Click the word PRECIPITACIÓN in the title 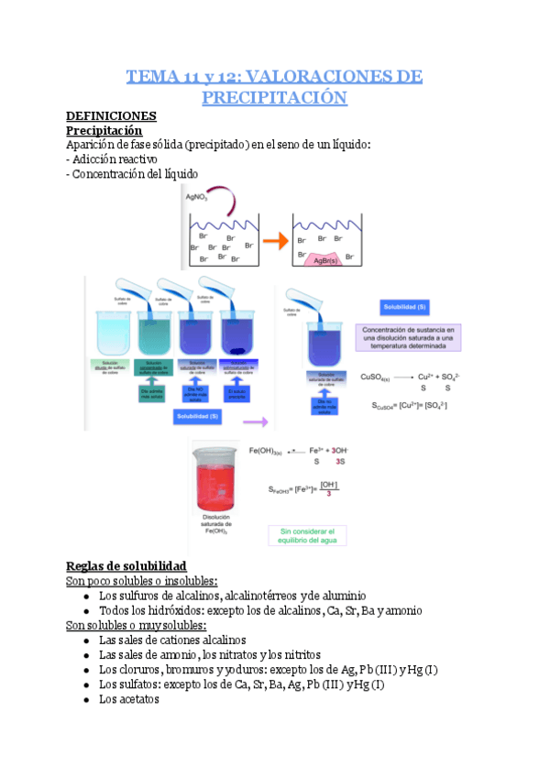274,96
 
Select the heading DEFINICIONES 112,116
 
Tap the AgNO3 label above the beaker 198,197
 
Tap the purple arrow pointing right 256,422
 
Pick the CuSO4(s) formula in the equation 377,377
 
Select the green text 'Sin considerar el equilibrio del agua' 307,536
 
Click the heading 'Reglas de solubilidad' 127,565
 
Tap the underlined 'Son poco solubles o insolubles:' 142,582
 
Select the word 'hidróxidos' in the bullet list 176,611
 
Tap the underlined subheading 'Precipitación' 104,131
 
